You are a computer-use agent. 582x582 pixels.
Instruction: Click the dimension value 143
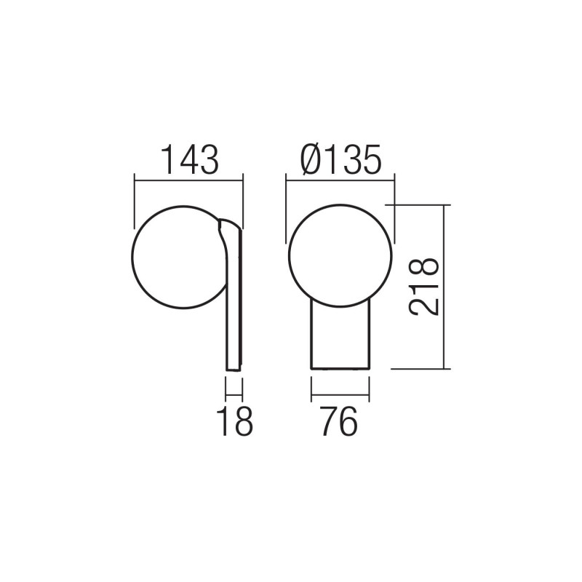tap(188, 159)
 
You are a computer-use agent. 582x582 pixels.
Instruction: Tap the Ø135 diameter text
tap(340, 159)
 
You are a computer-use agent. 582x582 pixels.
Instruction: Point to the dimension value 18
tap(235, 422)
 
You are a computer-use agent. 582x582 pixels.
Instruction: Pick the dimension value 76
tap(339, 422)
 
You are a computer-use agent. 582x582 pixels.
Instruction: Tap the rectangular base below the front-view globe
tap(340, 338)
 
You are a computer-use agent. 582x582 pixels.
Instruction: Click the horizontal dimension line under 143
tap(188, 177)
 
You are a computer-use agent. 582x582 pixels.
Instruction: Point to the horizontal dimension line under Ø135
tap(340, 177)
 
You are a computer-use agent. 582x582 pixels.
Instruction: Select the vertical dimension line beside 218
tap(442, 287)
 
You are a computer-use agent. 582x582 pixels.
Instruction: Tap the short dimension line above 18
tap(234, 397)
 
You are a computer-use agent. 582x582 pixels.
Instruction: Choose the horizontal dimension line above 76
tap(340, 397)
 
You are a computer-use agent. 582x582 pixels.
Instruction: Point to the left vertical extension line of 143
tap(135, 200)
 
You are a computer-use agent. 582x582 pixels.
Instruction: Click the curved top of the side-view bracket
tap(227, 222)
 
